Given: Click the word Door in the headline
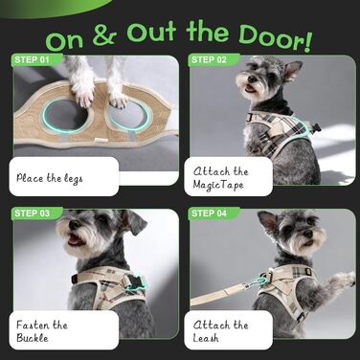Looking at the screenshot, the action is coord(275,39).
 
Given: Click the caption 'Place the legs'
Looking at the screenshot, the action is coord(50,178).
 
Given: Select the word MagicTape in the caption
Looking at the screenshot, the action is coord(218,185).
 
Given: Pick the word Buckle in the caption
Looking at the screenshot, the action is coord(33,338).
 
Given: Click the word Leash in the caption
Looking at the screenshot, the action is coord(206,338).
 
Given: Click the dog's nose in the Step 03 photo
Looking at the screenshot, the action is coord(74,225).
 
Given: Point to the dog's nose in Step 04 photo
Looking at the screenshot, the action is coord(307,234).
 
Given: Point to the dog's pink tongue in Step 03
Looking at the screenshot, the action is coord(73,241).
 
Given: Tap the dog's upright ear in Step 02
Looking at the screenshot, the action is coord(292,70).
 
